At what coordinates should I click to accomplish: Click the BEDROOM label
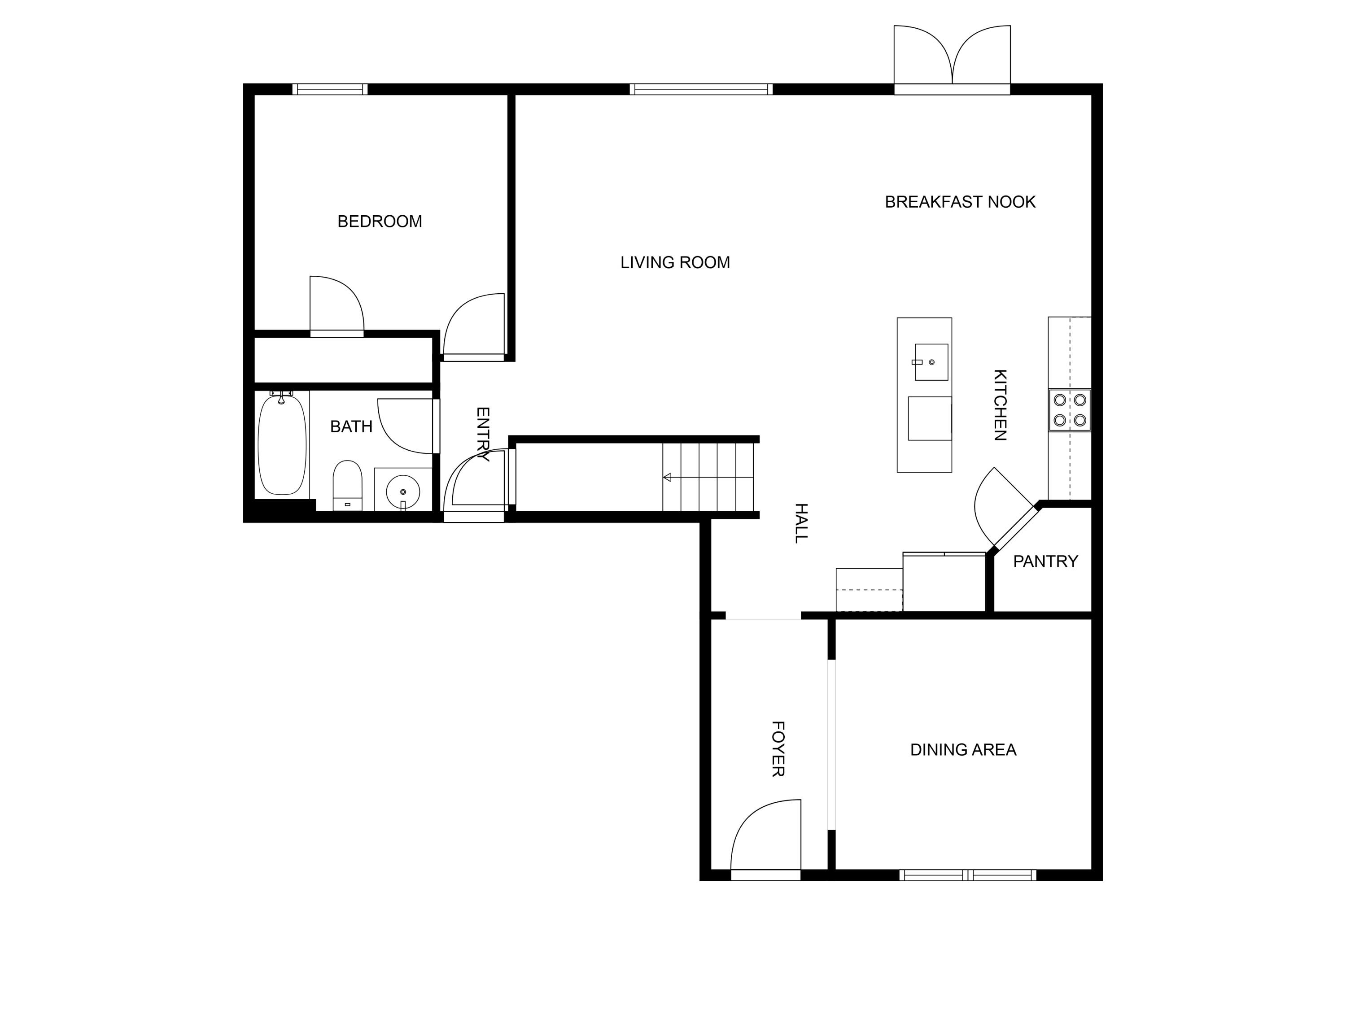tap(380, 222)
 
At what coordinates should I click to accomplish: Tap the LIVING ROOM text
tap(675, 263)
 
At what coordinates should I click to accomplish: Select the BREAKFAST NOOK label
tap(960, 202)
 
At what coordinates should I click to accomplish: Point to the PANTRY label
tap(1045, 561)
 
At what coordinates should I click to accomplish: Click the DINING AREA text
tap(963, 750)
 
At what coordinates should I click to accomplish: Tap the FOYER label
tap(778, 749)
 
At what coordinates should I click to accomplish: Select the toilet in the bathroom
tap(347, 485)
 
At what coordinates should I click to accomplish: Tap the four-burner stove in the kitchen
tap(1069, 410)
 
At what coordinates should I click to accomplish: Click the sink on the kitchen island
tap(931, 362)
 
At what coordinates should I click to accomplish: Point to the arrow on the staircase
tap(668, 478)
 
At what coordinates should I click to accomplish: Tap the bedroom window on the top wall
tap(330, 89)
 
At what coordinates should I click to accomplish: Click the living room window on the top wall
tap(701, 89)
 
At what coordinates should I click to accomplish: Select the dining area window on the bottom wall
tap(967, 875)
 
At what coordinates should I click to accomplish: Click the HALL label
tap(801, 523)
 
